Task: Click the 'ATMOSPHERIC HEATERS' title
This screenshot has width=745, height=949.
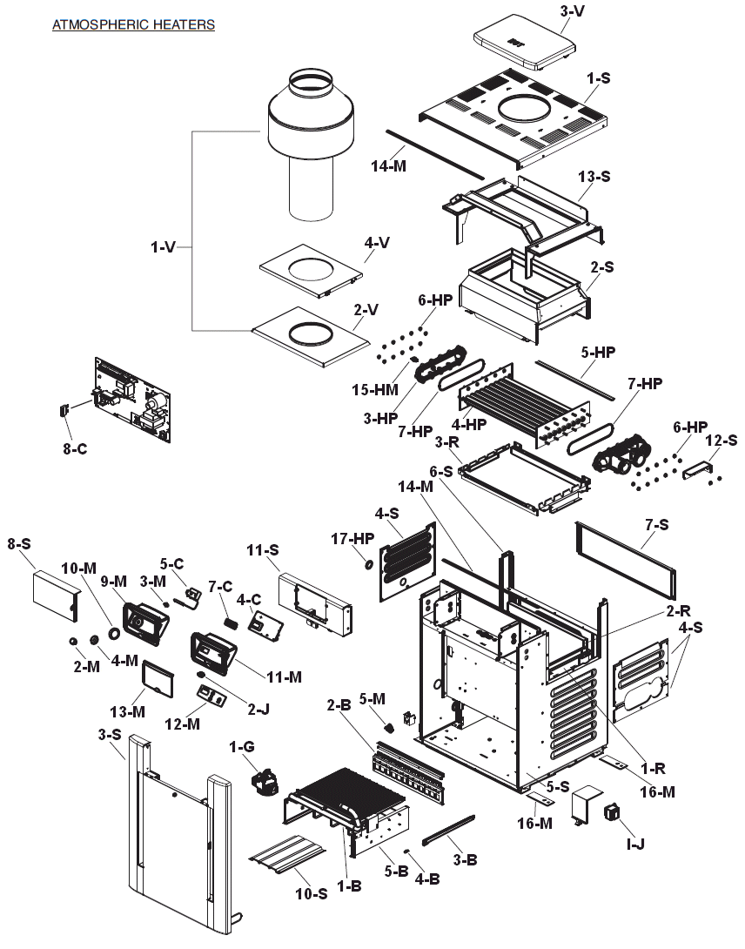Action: click(x=134, y=25)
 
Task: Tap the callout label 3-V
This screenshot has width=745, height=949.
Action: click(x=572, y=11)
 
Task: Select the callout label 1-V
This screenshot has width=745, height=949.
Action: click(x=164, y=247)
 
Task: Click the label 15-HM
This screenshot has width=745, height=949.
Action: click(x=375, y=390)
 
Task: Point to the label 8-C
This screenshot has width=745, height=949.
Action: click(x=75, y=448)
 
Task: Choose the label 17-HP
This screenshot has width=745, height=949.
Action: click(x=352, y=538)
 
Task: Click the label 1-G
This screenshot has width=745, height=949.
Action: click(x=241, y=747)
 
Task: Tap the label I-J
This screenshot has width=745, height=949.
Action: click(x=635, y=844)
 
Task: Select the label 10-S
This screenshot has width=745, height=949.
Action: click(x=311, y=893)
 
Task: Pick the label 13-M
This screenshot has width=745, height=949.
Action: click(x=127, y=711)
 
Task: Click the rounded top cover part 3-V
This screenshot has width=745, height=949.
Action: click(x=524, y=41)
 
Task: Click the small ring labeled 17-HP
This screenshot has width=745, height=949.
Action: click(x=367, y=565)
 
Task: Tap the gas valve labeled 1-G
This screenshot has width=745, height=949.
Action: click(x=265, y=781)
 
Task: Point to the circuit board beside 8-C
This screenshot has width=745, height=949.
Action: click(x=132, y=400)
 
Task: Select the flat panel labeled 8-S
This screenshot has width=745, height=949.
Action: click(x=57, y=596)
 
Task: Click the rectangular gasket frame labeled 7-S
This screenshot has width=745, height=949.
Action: click(x=625, y=560)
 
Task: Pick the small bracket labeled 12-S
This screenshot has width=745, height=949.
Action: click(x=697, y=469)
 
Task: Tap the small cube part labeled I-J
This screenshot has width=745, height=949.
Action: click(x=613, y=811)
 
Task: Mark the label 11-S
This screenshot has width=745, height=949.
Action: click(x=263, y=550)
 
